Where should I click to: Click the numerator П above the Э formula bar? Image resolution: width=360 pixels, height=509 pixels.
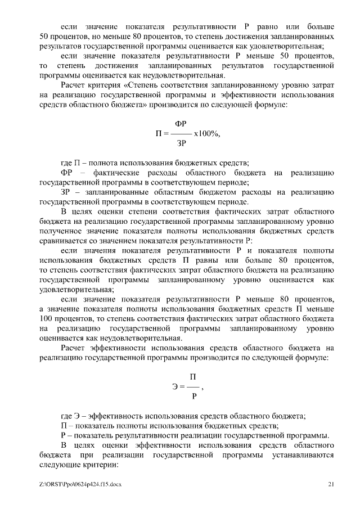pos(192,376)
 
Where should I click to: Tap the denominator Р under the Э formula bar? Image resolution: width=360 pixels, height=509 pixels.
pos(193,397)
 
